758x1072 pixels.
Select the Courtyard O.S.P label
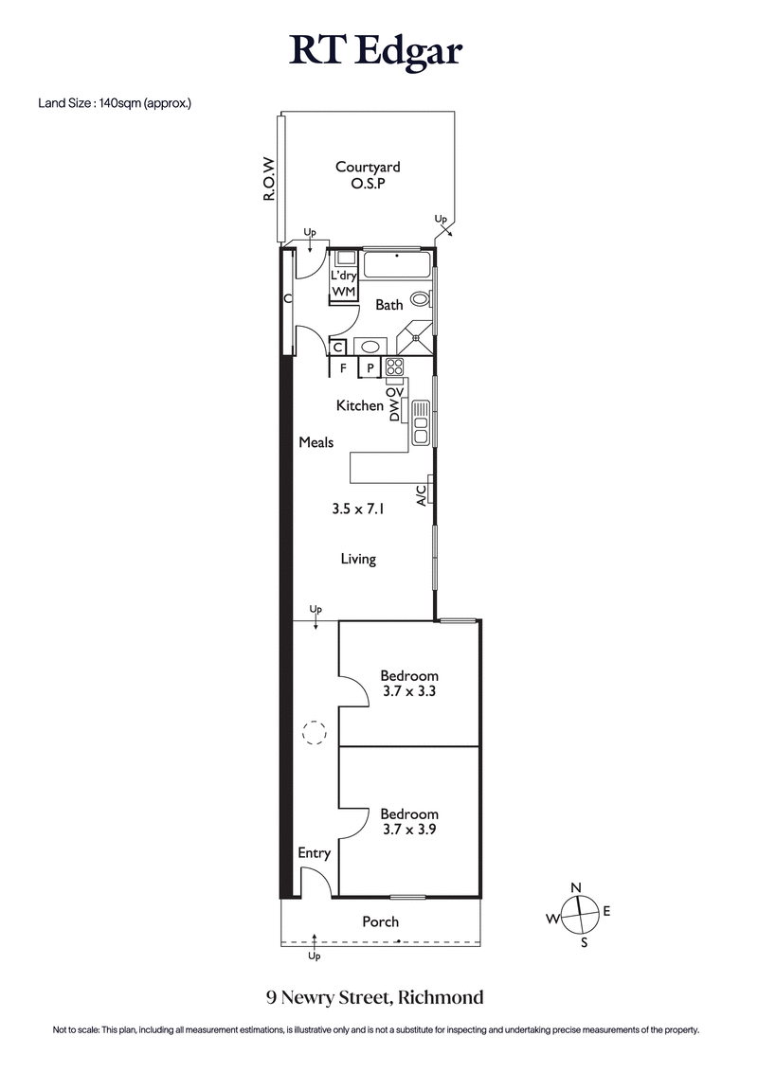point(368,175)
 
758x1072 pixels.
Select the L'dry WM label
point(343,283)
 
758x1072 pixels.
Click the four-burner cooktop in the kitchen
point(394,367)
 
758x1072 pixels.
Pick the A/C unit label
point(420,493)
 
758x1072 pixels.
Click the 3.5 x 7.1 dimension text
point(358,509)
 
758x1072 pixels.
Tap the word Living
point(358,559)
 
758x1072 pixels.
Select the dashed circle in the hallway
point(313,732)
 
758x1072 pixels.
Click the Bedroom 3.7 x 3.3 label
point(409,684)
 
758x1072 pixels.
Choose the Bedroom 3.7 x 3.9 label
point(409,821)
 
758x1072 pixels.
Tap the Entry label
point(314,853)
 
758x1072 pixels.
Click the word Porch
point(380,921)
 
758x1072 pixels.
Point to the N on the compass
point(576,886)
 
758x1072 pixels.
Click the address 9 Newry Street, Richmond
point(375,997)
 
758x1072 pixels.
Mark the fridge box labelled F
point(343,368)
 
